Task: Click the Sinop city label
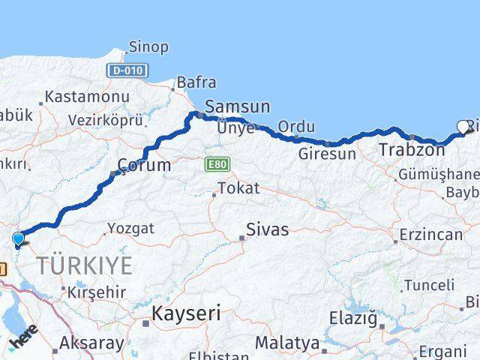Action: pos(148,47)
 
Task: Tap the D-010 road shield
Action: pos(127,70)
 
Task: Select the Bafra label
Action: pos(196,82)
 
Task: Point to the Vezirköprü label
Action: pos(105,120)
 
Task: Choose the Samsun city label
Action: pos(237,107)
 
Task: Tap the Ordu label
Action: pos(296,126)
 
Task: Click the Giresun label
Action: pos(327,154)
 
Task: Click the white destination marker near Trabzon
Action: pos(463,127)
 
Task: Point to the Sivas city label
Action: pos(268,229)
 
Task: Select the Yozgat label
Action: pos(130,228)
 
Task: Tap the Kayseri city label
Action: pos(186,313)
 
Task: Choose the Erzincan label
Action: pos(430,235)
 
